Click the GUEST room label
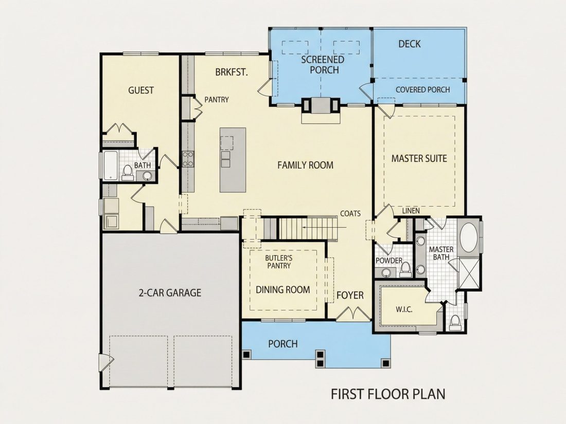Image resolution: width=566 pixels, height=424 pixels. click(141, 90)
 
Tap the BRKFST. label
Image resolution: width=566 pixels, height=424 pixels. click(232, 72)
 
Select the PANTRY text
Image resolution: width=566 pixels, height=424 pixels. click(217, 100)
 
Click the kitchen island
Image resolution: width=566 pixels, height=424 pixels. click(233, 160)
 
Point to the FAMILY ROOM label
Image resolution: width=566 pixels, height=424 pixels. click(305, 165)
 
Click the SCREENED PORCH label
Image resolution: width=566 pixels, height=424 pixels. click(323, 65)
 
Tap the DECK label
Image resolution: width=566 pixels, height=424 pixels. click(410, 44)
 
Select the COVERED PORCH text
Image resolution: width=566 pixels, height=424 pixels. click(422, 90)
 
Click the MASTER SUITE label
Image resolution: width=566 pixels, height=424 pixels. click(419, 159)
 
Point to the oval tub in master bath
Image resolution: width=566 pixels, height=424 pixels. click(469, 237)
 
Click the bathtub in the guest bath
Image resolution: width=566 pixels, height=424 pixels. click(111, 165)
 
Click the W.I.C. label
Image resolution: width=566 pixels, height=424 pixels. click(404, 309)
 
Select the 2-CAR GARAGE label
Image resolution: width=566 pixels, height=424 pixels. click(170, 292)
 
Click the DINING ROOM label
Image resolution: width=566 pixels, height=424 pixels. click(282, 289)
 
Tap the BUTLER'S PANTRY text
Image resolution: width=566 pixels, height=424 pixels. click(279, 262)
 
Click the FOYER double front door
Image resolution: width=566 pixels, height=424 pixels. click(353, 313)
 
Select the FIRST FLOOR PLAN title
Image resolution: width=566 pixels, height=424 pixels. click(388, 394)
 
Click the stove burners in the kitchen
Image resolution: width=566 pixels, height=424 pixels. click(188, 159)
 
